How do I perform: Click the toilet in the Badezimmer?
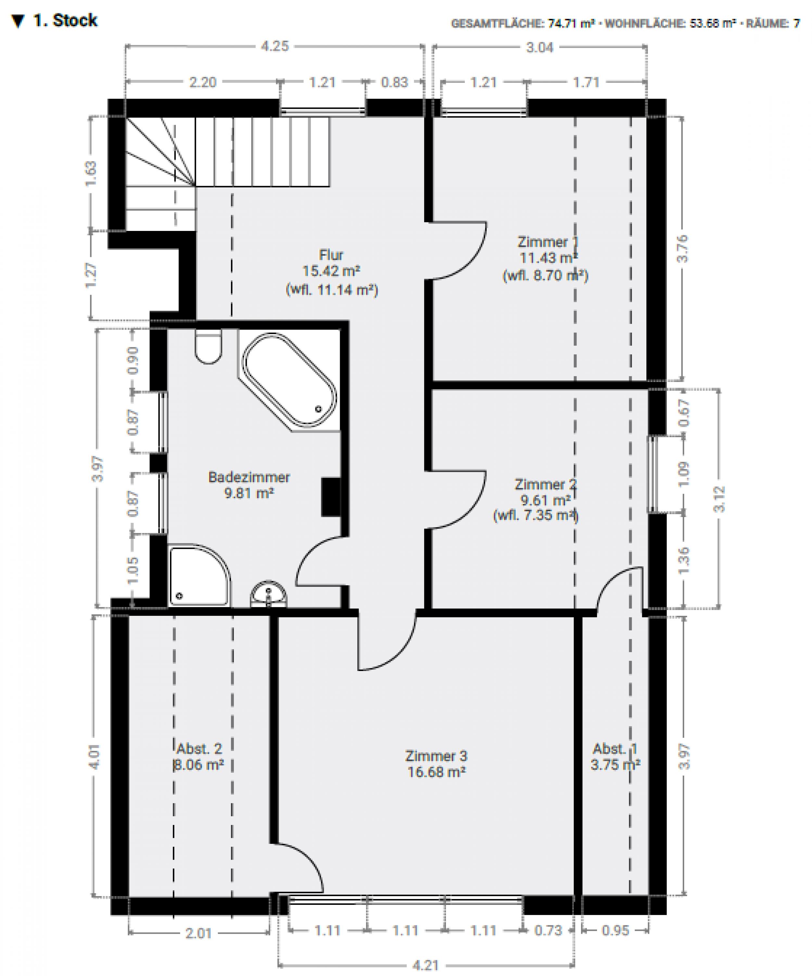point(208,347)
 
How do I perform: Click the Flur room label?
point(331,255)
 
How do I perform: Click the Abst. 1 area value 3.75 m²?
point(615,765)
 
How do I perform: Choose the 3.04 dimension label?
point(539,47)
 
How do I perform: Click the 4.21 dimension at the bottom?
point(425,965)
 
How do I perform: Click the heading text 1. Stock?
point(65,20)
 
